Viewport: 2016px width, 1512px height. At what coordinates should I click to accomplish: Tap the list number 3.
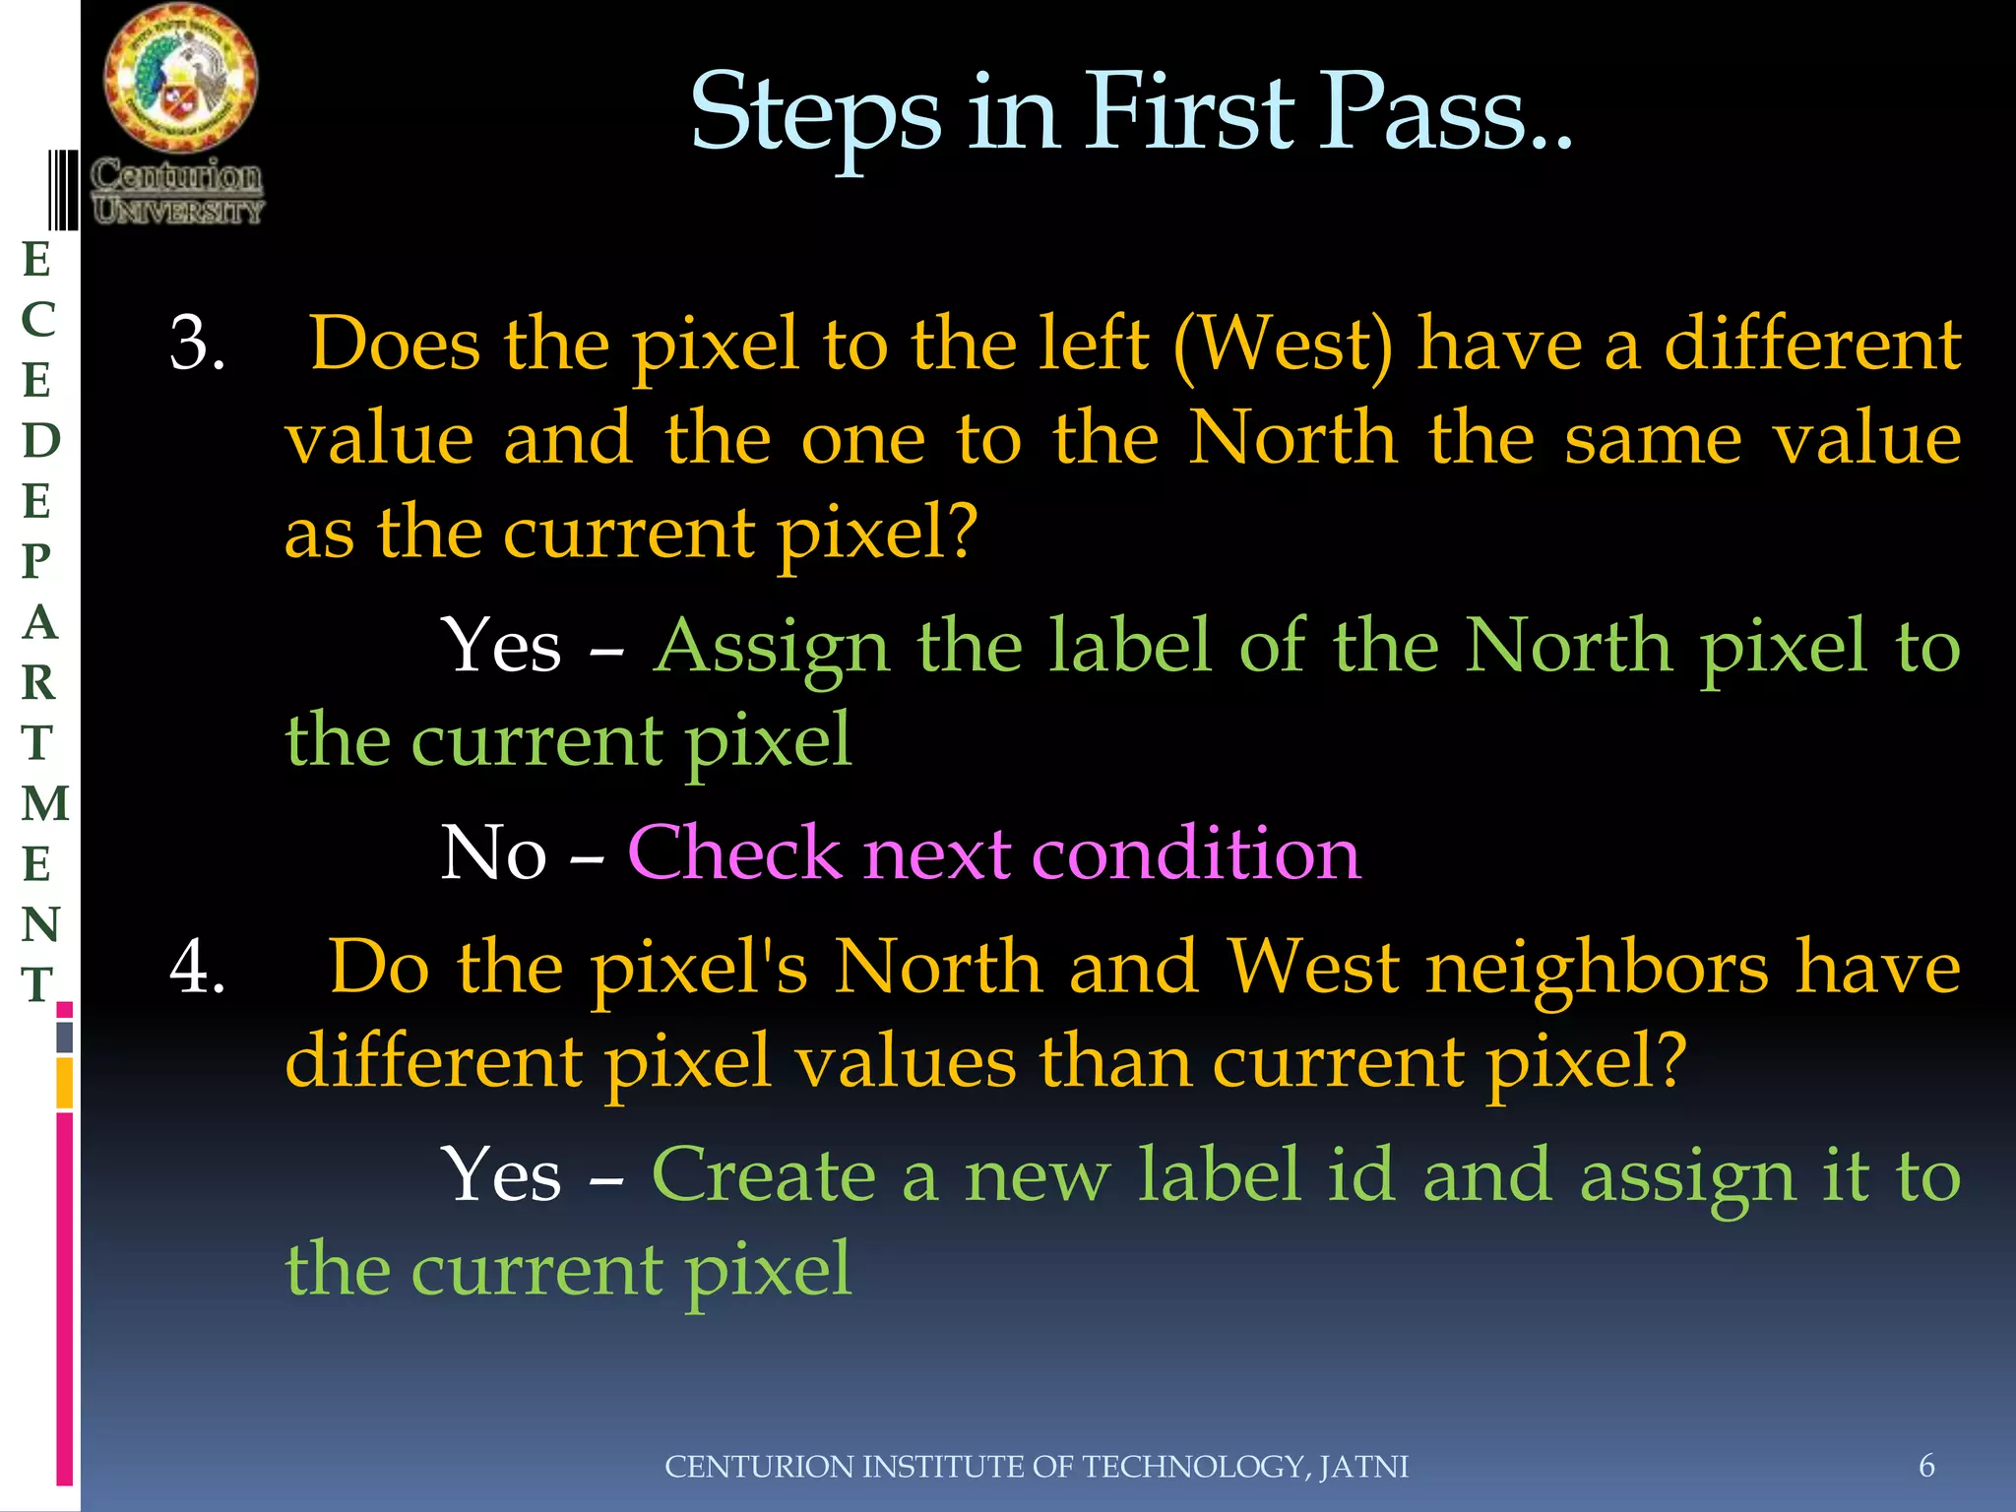[x=197, y=344]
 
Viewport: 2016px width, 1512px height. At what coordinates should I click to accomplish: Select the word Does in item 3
[x=395, y=344]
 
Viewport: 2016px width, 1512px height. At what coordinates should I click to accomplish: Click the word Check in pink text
[x=734, y=852]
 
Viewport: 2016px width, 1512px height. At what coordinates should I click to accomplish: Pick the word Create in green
[x=763, y=1175]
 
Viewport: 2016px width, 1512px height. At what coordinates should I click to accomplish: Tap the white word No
[x=492, y=852]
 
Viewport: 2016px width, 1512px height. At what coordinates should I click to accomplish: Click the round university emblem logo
[x=180, y=77]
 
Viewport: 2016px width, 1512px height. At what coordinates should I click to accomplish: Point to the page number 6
[x=1926, y=1466]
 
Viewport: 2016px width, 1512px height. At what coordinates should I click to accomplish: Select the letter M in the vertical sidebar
[x=45, y=803]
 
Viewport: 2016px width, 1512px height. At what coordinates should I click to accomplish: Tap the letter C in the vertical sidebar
[x=38, y=319]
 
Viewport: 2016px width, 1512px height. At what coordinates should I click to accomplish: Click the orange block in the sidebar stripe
[x=65, y=1082]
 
